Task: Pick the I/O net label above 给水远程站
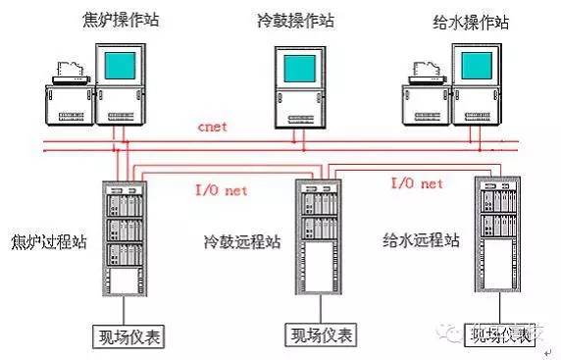[x=417, y=183]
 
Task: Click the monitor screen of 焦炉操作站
[x=126, y=67]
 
